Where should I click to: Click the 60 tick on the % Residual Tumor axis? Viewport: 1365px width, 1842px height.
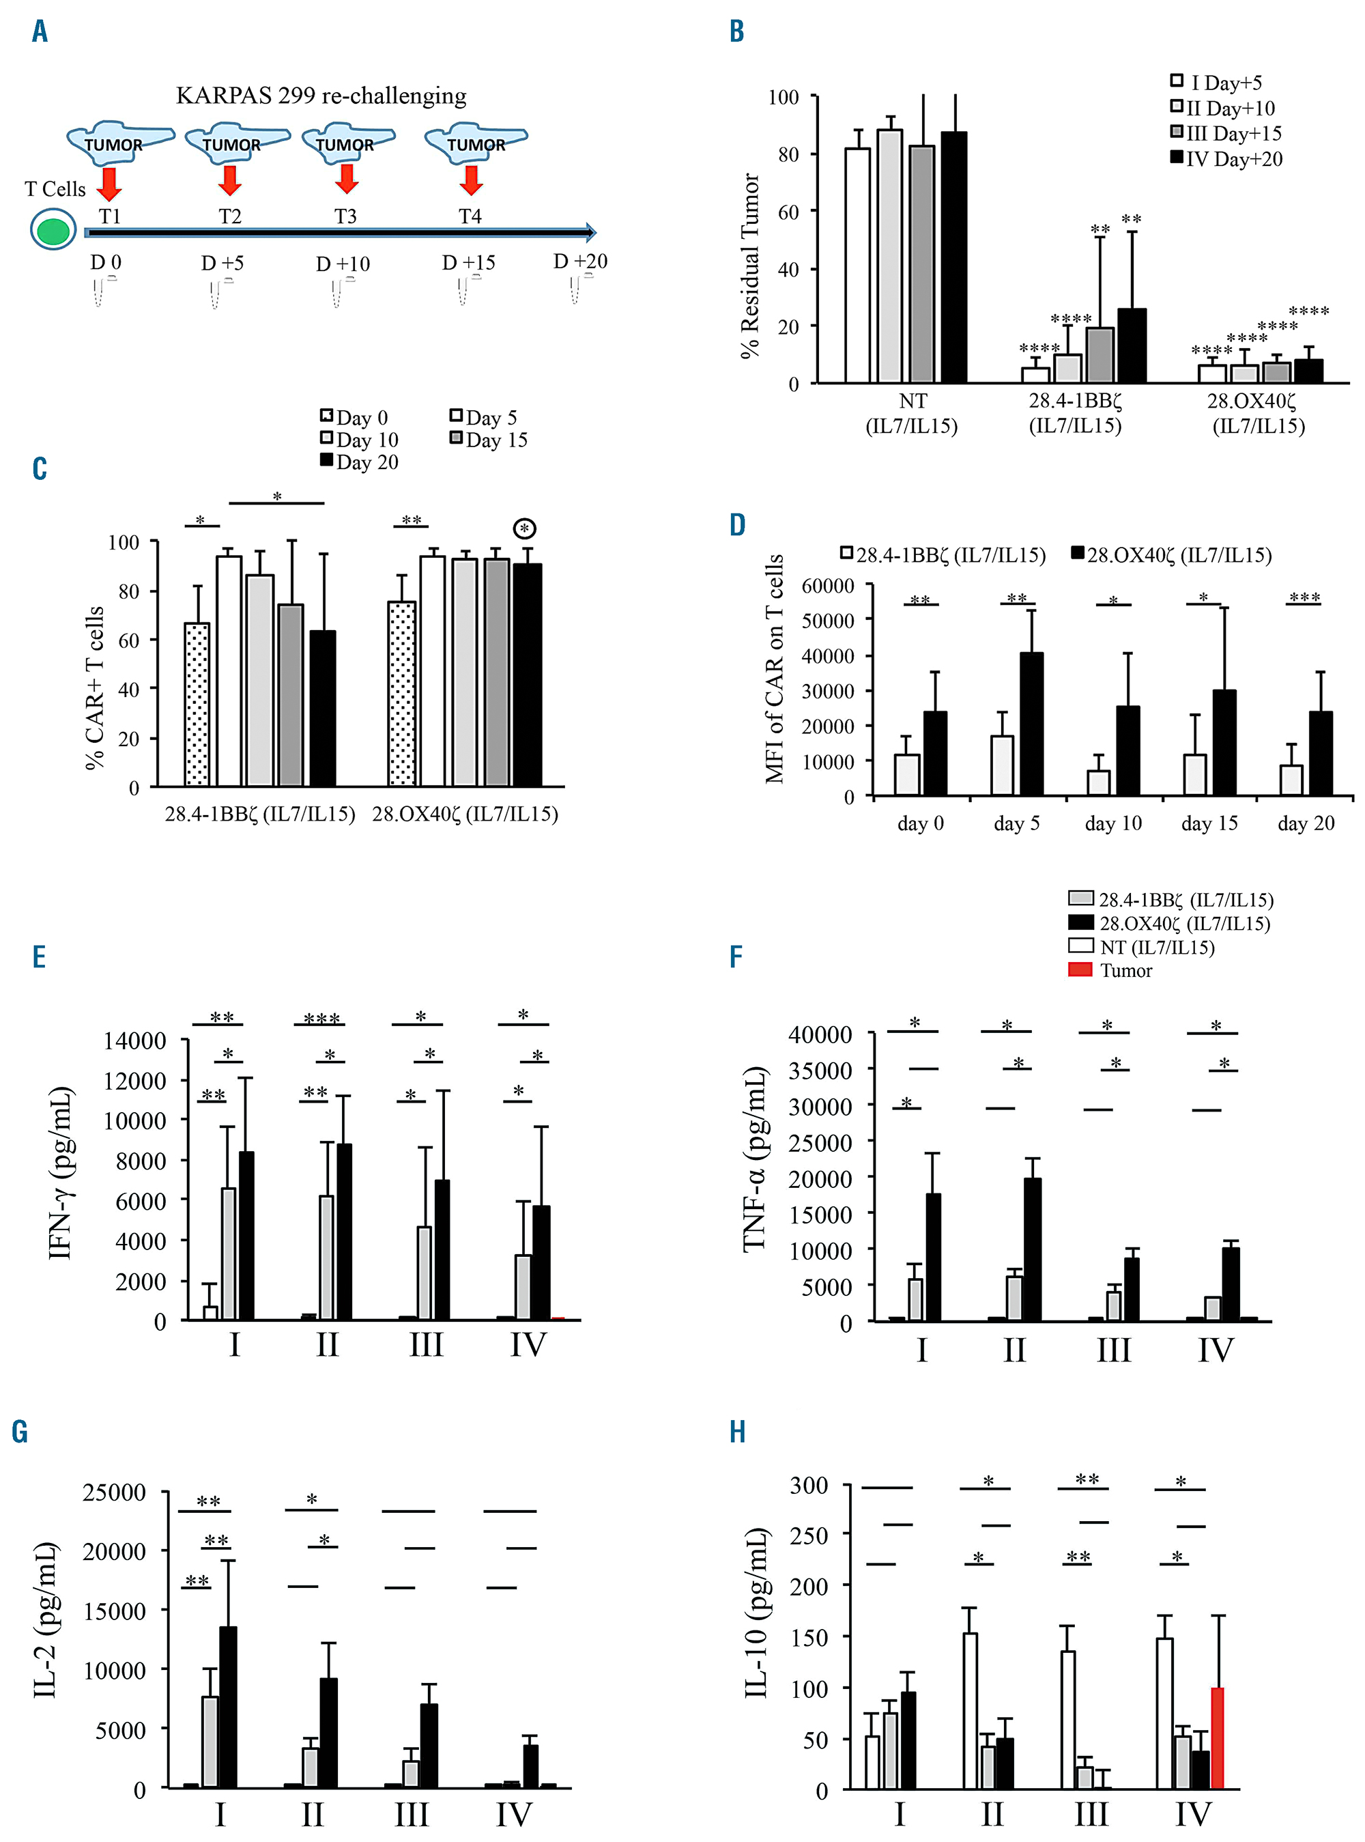(788, 212)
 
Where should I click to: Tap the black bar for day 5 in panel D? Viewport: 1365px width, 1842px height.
(1031, 724)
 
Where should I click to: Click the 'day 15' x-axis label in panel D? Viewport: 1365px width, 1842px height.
(1209, 823)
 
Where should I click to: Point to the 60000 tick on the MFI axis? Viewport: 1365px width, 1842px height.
(828, 586)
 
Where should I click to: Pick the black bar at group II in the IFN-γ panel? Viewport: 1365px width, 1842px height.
(344, 1232)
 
